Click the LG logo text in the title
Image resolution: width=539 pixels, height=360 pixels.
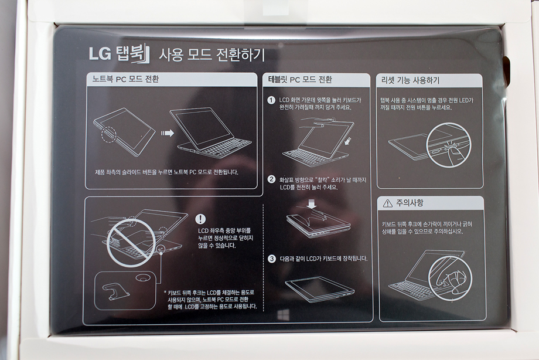[x=100, y=54]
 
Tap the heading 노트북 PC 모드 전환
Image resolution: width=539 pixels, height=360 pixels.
[x=125, y=79]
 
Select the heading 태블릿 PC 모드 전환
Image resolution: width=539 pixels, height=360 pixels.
[x=300, y=80]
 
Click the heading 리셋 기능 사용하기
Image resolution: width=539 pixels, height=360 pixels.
[x=411, y=80]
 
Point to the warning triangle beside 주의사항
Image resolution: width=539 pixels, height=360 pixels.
[x=387, y=203]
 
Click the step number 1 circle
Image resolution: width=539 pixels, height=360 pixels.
[x=271, y=100]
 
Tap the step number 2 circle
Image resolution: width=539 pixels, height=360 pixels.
[x=272, y=179]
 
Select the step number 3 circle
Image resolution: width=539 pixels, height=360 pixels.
[x=272, y=259]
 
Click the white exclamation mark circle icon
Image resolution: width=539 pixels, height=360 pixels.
[x=200, y=219]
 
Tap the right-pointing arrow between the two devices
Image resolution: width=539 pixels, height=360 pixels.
[x=168, y=133]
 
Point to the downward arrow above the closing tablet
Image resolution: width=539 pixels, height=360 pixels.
[x=312, y=204]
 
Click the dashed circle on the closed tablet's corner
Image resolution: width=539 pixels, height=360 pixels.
[x=109, y=134]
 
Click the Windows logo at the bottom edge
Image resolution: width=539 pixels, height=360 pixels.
[x=283, y=315]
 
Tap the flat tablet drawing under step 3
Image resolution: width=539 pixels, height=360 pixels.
[x=319, y=290]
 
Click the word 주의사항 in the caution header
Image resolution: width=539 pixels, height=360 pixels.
[x=410, y=203]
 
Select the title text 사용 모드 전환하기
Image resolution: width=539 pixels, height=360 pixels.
[x=211, y=55]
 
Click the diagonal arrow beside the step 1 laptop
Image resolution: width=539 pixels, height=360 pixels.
[x=349, y=141]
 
